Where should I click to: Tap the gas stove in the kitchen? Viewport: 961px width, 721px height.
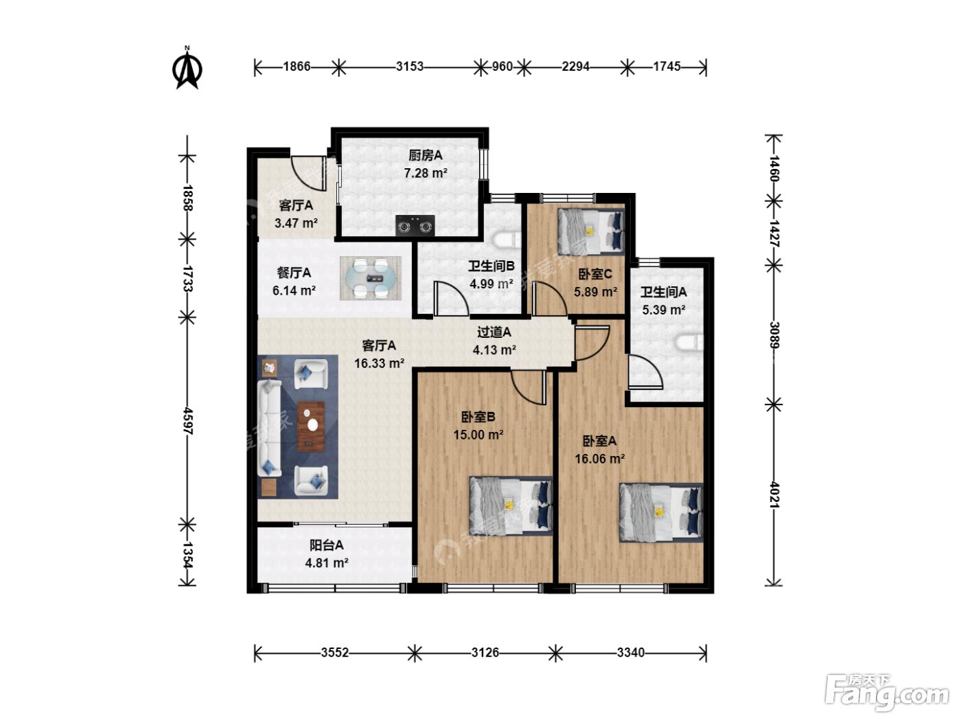[x=415, y=225]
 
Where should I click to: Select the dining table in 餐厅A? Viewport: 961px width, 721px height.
[x=371, y=278]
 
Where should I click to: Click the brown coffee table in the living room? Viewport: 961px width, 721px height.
[x=311, y=426]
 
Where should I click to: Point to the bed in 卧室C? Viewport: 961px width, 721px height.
[x=591, y=231]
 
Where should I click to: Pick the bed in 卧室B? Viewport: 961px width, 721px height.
[x=511, y=505]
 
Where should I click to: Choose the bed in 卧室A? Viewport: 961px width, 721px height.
[x=661, y=513]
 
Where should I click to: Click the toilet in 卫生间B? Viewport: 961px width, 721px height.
[x=507, y=240]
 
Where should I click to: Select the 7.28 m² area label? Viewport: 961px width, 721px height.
[x=426, y=173]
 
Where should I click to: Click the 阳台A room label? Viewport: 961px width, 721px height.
[x=327, y=545]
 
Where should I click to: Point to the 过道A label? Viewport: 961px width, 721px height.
[x=494, y=332]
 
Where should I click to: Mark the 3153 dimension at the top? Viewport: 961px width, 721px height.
[x=410, y=67]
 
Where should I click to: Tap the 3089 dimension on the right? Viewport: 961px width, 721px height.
[x=774, y=335]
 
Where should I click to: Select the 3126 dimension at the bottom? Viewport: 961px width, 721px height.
[x=485, y=653]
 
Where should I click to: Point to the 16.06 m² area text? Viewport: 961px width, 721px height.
[x=600, y=459]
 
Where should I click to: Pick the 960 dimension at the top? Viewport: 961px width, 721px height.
[x=502, y=67]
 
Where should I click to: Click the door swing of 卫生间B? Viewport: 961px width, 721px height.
[x=451, y=298]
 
